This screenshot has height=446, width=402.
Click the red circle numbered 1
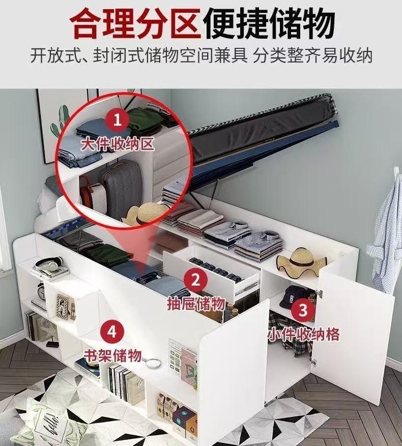coord(118,121)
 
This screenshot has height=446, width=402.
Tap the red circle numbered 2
coord(195,280)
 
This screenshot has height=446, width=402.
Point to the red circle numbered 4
coord(112,331)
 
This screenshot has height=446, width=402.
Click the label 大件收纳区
coord(118,144)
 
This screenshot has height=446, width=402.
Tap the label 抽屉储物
coord(196,304)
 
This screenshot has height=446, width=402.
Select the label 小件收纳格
coord(304,334)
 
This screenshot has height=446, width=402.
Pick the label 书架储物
coord(113,355)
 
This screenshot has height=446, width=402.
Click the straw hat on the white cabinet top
coord(301,260)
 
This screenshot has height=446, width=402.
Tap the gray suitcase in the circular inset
coord(120,186)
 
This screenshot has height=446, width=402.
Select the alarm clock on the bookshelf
coord(42,292)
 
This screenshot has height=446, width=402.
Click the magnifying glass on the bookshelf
coord(153,362)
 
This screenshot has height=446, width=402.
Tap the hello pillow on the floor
coord(49,423)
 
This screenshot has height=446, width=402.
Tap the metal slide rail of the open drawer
coord(248,287)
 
